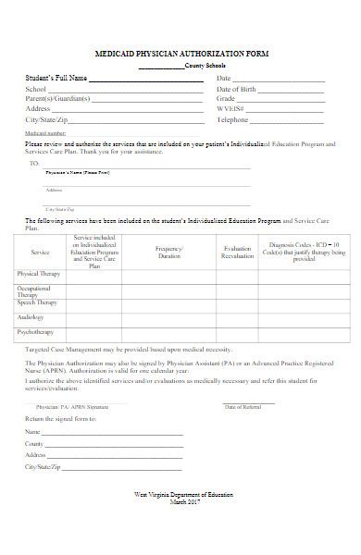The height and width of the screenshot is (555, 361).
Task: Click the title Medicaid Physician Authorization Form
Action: (x=181, y=55)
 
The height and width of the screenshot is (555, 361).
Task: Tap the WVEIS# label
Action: (x=230, y=109)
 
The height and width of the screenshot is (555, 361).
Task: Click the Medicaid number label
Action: (x=44, y=134)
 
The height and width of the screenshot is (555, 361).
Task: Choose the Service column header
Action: (x=40, y=252)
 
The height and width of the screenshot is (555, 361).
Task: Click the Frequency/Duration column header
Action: (x=169, y=252)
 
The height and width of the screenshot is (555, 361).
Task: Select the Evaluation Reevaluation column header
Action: (x=237, y=252)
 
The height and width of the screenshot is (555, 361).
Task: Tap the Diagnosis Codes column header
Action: (x=304, y=252)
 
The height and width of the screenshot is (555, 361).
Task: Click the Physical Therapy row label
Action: (x=38, y=274)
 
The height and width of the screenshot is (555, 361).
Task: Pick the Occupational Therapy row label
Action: (x=38, y=291)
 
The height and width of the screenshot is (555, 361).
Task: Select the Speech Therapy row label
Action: (x=37, y=302)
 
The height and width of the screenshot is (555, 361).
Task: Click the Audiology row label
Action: (x=30, y=317)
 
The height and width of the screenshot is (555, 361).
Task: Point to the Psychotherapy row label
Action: (x=35, y=331)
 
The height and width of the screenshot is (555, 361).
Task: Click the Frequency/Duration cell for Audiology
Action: (x=169, y=317)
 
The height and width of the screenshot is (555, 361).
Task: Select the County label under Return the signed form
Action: (x=34, y=444)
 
